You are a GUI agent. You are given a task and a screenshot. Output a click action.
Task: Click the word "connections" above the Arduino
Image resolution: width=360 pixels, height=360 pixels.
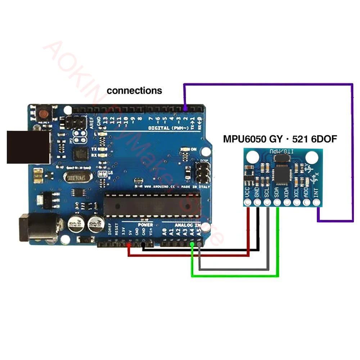pyautogui.click(x=134, y=91)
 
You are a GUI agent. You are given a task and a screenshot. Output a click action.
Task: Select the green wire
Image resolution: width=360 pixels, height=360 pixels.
pyautogui.click(x=234, y=276)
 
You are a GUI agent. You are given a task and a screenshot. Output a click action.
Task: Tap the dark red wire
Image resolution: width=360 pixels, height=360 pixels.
pyautogui.click(x=187, y=255)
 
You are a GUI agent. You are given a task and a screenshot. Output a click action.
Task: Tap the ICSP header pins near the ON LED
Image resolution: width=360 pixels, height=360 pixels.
pyautogui.click(x=202, y=172)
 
